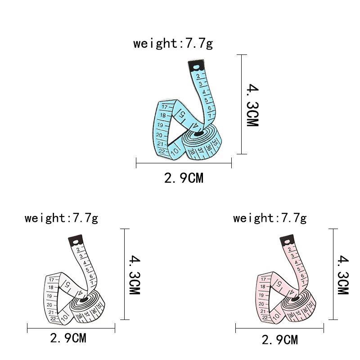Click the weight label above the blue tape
173,43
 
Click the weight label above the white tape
61,218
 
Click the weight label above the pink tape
270,218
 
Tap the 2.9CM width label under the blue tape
184,178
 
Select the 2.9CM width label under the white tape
68,338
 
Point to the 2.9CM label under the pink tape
280,340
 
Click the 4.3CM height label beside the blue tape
252,105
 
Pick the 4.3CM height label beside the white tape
135,274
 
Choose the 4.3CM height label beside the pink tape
343,274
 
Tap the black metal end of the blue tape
196,65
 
